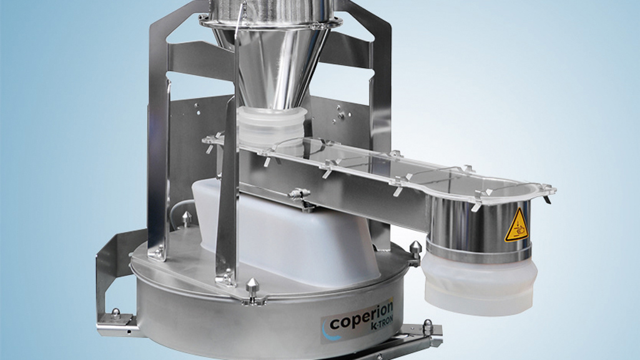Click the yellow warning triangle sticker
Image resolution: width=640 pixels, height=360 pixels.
pos(516,225)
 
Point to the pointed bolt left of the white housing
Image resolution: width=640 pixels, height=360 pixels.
pos(186,218)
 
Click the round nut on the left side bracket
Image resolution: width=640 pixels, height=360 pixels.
pos(116,313)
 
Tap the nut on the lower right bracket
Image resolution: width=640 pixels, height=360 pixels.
pos(428,326)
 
